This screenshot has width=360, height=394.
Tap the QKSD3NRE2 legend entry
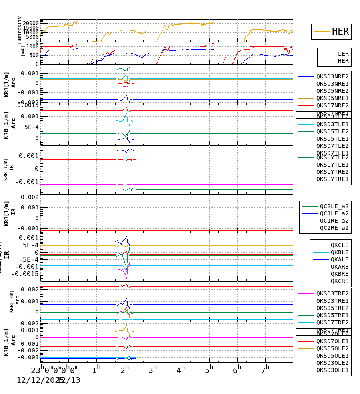[332, 76]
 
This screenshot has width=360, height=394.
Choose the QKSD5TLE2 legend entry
[332, 131]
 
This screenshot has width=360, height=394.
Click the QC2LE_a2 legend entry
[334, 206]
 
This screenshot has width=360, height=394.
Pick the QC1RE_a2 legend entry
[334, 221]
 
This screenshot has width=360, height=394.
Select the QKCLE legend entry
[339, 245]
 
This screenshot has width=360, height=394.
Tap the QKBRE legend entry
[339, 274]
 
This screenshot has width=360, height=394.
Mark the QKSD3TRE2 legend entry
[332, 293]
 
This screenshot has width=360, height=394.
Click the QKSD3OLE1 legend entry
[332, 370]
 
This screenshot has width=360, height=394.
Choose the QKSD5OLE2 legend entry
[332, 348]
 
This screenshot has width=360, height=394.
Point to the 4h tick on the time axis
[181, 368]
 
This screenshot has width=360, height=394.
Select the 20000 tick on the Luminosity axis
[30, 23]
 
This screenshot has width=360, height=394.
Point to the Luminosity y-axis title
[20, 30]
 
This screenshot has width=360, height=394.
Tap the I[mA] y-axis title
[23, 52]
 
